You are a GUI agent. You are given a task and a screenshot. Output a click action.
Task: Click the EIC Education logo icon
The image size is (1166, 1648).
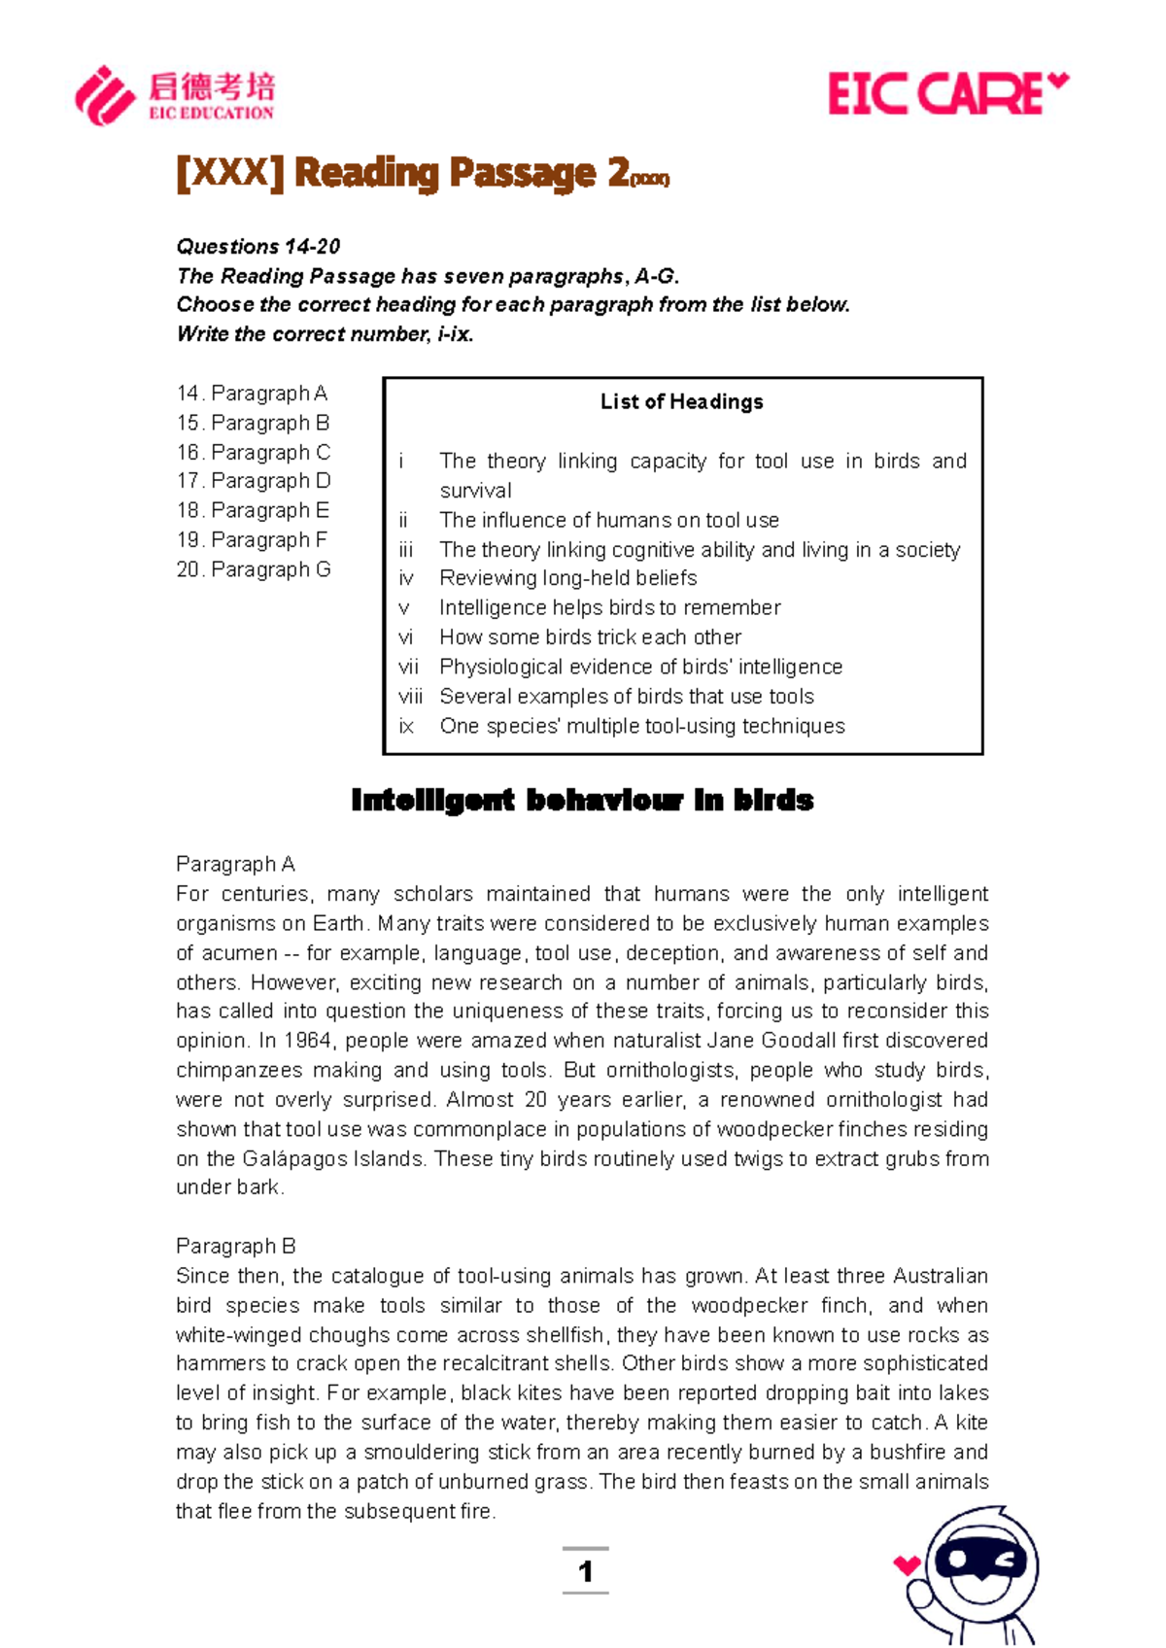105,95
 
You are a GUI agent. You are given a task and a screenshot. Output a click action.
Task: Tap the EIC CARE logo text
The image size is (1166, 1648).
935,95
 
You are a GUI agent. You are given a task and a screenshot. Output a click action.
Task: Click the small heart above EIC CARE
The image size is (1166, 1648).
1058,82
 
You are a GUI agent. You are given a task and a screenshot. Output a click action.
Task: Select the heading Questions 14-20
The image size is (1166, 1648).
257,247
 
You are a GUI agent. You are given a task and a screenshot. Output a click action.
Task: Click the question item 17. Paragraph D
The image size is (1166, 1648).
254,481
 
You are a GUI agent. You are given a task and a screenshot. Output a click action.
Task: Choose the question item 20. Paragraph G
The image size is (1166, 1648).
254,569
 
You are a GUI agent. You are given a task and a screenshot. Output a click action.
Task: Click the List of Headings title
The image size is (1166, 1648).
681,402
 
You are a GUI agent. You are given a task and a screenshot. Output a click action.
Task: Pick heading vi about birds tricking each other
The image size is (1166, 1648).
590,637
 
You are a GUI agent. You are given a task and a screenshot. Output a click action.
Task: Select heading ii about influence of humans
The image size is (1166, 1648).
608,520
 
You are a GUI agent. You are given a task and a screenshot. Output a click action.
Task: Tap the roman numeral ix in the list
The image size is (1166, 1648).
406,727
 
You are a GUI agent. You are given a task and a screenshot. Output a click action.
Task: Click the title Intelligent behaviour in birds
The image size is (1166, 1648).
582,801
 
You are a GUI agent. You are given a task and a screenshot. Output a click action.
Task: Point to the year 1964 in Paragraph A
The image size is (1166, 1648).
308,1041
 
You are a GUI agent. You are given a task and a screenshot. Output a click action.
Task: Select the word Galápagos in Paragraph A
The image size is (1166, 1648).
287,1158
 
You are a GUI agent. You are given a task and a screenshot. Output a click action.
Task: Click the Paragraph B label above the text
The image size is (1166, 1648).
236,1247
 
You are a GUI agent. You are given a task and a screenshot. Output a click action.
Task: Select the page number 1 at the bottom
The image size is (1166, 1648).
585,1571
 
